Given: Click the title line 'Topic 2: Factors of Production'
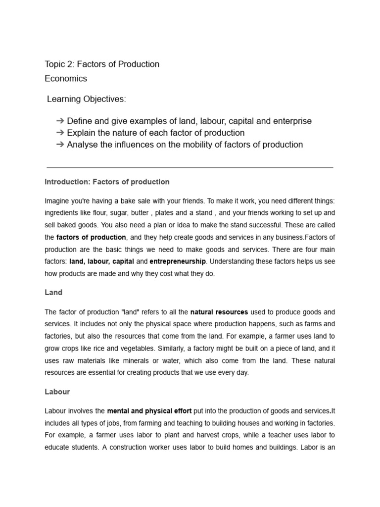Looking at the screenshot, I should [x=102, y=64].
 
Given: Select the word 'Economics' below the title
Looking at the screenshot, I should [x=66, y=79].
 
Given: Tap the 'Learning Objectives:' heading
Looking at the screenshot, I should [x=87, y=100].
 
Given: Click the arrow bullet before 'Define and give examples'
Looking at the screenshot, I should [x=60, y=121].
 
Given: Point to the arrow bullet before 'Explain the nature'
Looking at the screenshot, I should [x=60, y=133].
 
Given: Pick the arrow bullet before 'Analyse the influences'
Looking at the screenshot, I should [x=60, y=145].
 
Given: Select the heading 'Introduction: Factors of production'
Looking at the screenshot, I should [x=107, y=182].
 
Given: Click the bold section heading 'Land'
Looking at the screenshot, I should [x=53, y=293].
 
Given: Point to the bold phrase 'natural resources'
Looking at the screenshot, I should [x=219, y=312].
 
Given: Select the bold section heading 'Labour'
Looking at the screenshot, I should [x=57, y=392].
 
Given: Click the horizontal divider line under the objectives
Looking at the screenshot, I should [x=190, y=167].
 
